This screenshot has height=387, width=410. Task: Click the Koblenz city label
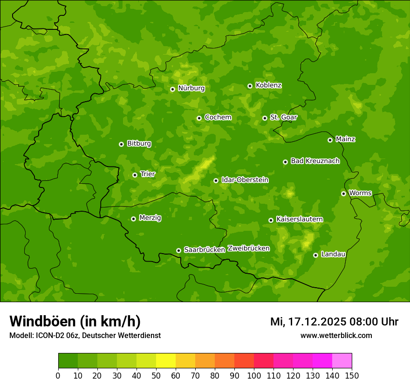coord(268,85)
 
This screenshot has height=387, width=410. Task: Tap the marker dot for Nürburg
coord(172,89)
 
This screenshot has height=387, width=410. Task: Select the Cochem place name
coord(218,117)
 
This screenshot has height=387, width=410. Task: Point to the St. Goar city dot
coord(265,118)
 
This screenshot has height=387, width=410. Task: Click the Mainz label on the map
coord(345,139)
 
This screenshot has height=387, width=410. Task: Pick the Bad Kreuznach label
coord(315,161)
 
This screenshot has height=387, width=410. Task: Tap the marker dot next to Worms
coord(343,193)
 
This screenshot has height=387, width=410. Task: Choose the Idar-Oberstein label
coord(245,180)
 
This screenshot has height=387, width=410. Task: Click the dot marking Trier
coord(135,175)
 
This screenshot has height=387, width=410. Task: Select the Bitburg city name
coord(139,144)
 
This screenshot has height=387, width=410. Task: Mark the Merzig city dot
coord(133,219)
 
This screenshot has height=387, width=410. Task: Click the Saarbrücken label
coord(204,250)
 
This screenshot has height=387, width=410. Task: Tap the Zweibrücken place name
coord(248,249)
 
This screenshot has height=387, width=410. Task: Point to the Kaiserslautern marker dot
coord(271,220)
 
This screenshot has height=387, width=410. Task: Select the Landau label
coord(333,255)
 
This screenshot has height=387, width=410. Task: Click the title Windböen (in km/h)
coord(75,321)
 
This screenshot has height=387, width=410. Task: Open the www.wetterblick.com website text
coord(336,335)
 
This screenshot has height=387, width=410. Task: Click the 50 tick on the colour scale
coord(156,375)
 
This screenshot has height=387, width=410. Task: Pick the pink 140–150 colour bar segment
coord(342,361)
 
